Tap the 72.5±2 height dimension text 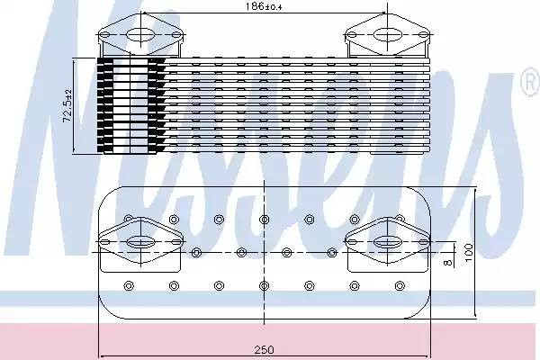point(67,106)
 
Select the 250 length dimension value point(264,350)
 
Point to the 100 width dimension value point(469,253)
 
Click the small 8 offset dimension point(447,263)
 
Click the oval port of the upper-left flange point(141,35)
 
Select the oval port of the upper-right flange point(388,35)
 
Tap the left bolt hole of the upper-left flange point(105,35)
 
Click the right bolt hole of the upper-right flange point(424,35)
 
